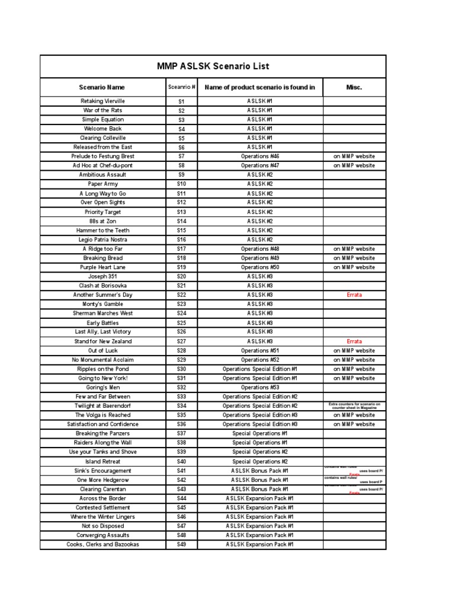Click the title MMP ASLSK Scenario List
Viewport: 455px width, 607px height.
click(x=213, y=66)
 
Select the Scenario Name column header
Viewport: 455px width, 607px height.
click(x=102, y=87)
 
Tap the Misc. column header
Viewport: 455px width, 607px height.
click(x=354, y=87)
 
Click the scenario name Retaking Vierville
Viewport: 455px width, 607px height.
click(x=102, y=101)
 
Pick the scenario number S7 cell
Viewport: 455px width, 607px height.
click(x=181, y=156)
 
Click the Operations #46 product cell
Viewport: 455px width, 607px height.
click(x=259, y=156)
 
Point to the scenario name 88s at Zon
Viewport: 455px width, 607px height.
click(x=102, y=221)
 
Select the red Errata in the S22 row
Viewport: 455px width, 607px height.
click(x=354, y=295)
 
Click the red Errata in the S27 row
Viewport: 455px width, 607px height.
click(x=354, y=341)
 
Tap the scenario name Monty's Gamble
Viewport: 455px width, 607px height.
click(x=102, y=304)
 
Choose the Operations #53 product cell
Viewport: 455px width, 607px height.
click(x=259, y=387)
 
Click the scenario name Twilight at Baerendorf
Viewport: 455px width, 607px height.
click(x=102, y=405)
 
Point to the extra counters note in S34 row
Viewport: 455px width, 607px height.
click(x=354, y=405)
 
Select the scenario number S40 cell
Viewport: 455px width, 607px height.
click(x=181, y=461)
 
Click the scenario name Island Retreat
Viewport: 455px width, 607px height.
click(x=102, y=461)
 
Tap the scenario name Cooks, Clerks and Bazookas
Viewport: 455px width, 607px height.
click(x=102, y=544)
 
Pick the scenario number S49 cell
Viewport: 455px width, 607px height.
click(x=181, y=544)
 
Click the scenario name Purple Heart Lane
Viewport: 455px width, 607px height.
click(x=102, y=267)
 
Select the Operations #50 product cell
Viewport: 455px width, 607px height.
click(x=259, y=267)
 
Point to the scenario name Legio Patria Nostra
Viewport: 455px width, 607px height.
click(x=102, y=239)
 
